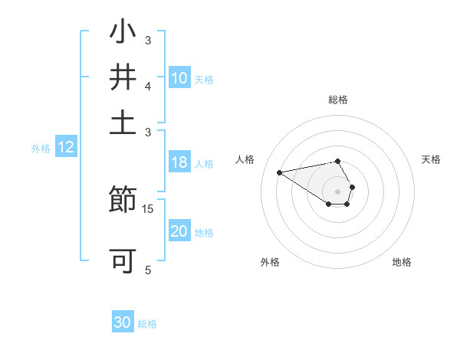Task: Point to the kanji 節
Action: click(123, 201)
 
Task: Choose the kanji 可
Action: click(123, 260)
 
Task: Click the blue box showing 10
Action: click(179, 78)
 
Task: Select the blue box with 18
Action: click(179, 162)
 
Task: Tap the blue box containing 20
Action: click(179, 231)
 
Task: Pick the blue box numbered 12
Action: click(66, 148)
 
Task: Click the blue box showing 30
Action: click(123, 322)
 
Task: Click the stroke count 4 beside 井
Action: click(148, 86)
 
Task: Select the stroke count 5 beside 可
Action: click(148, 270)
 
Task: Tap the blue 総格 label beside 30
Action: click(147, 324)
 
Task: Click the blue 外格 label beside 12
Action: click(41, 149)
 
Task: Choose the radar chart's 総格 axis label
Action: click(338, 100)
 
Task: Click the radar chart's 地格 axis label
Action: click(402, 262)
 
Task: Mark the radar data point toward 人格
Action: click(279, 172)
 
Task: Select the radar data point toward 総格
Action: click(338, 161)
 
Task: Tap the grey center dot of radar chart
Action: click(338, 191)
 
